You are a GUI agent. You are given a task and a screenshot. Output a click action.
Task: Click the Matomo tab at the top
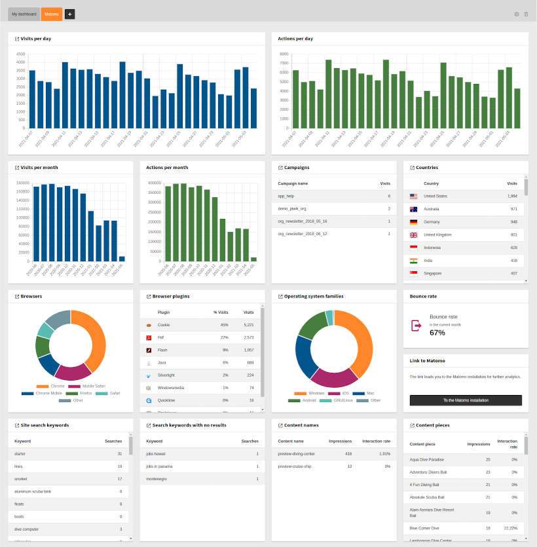(x=51, y=14)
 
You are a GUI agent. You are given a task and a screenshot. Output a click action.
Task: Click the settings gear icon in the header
(x=516, y=14)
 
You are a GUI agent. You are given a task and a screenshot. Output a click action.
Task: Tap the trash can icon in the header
(x=525, y=14)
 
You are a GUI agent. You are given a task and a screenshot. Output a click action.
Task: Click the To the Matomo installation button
(x=466, y=400)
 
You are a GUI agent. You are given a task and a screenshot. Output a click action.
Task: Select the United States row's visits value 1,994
(x=511, y=196)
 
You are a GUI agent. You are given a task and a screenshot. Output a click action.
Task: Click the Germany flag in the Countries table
(x=413, y=222)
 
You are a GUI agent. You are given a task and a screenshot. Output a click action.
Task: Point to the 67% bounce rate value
(x=437, y=333)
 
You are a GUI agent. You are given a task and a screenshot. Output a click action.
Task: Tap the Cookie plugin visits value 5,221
(x=249, y=325)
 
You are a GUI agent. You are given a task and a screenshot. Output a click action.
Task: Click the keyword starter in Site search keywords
(x=21, y=454)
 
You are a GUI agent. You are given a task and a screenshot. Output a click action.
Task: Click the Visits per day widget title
(x=36, y=39)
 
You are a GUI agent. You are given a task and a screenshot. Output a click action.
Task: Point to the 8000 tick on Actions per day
(x=284, y=54)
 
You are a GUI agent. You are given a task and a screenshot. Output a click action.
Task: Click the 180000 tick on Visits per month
(x=22, y=183)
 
